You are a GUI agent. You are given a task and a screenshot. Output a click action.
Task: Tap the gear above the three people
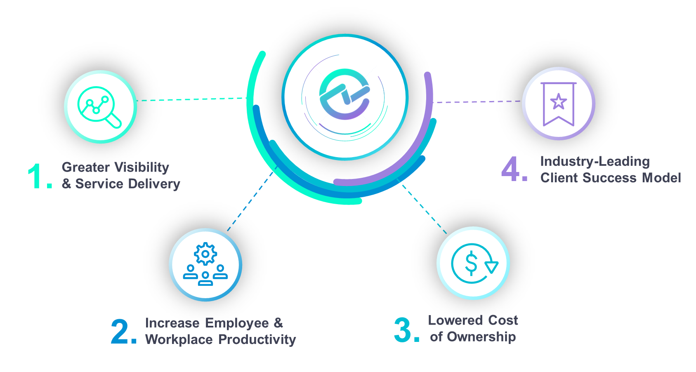(205, 254)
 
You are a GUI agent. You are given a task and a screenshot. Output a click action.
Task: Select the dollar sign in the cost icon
(471, 264)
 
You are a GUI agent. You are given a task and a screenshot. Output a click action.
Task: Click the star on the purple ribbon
(558, 101)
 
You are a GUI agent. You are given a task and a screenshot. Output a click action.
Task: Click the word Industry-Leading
(595, 161)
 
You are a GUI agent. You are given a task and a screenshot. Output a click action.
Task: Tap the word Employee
(237, 323)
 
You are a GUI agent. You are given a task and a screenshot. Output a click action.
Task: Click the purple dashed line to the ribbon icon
(479, 101)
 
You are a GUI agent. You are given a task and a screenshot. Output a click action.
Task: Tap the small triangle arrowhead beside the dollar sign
(491, 267)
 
